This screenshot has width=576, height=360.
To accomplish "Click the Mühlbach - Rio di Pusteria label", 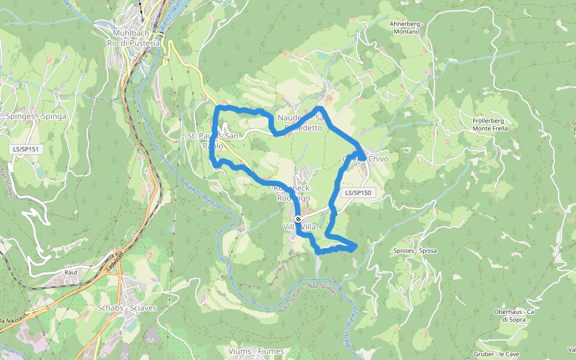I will (x=133, y=38).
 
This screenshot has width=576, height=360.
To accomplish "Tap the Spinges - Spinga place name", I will (x=36, y=116).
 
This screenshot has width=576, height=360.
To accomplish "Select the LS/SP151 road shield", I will (x=28, y=148).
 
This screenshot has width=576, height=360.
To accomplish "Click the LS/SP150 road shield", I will (x=358, y=193).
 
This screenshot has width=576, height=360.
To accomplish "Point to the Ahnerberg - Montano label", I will (x=407, y=27).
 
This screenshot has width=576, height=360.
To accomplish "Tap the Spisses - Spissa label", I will (x=415, y=250).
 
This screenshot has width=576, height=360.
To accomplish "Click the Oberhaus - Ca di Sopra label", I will (x=514, y=316).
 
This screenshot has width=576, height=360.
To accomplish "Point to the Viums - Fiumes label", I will (x=256, y=350).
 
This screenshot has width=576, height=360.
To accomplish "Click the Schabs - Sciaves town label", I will (x=127, y=308).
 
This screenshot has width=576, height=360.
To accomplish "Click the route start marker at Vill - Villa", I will (x=298, y=219).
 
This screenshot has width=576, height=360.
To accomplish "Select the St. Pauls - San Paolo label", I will (x=214, y=140).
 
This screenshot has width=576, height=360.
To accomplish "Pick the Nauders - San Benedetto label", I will (x=301, y=123).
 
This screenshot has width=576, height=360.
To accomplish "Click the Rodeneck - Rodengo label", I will (x=292, y=193).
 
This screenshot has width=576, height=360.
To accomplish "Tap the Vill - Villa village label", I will (x=299, y=227).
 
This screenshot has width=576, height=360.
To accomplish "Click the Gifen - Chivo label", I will (x=365, y=159).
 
